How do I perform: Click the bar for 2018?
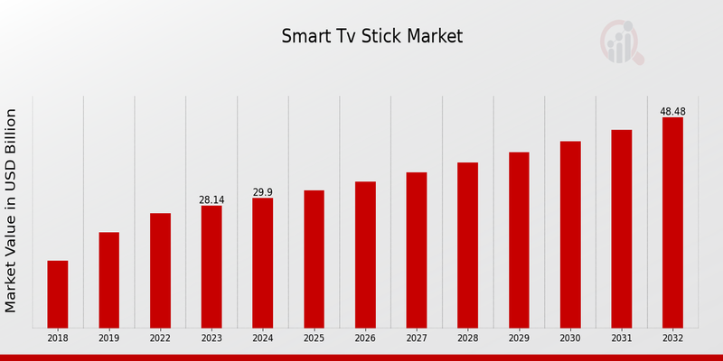pos(58,293)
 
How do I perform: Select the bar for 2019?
pos(108,280)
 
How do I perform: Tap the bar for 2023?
pos(211,266)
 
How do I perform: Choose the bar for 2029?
pos(519,239)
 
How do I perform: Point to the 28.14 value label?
pos(211,199)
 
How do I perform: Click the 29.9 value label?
pos(263,192)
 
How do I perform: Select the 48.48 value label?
pos(672,112)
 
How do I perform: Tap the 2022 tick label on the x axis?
pos(160,338)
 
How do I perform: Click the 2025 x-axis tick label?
pos(314,338)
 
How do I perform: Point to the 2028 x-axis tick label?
pos(467,338)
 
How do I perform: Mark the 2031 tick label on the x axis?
pos(621,338)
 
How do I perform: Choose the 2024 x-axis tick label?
pos(263,338)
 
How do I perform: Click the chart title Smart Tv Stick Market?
pos(371,37)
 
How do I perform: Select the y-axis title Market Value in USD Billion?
pos(12,210)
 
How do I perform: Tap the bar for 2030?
pos(570,234)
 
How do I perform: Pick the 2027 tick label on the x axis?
pos(417,338)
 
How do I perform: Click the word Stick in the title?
pos(383,37)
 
